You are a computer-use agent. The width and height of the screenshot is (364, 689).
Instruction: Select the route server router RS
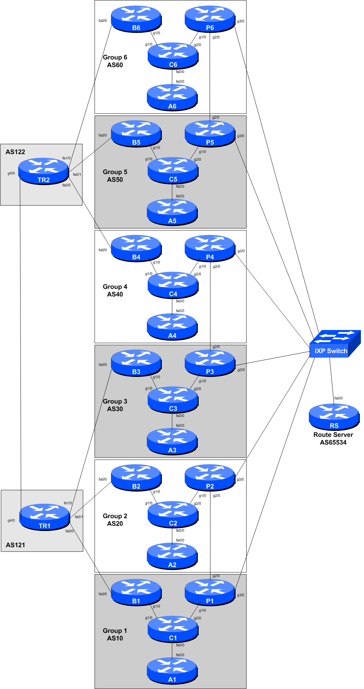pyautogui.click(x=334, y=416)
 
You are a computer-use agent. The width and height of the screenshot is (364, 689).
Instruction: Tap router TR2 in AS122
pyautogui.click(x=43, y=171)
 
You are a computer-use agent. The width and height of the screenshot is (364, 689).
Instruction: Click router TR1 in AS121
pyautogui.click(x=44, y=517)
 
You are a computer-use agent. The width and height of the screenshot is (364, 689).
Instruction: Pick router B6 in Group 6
pyautogui.click(x=136, y=19)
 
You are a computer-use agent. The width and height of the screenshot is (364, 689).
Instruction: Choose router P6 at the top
pyautogui.click(x=210, y=19)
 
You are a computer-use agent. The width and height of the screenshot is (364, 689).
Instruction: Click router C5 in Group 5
pyautogui.click(x=173, y=170)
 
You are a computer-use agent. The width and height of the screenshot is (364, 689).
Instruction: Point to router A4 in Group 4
pyautogui.click(x=172, y=327)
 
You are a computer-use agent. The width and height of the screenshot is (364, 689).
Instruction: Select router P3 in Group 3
pyautogui.click(x=210, y=363)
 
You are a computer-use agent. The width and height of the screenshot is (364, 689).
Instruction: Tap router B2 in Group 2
pyautogui.click(x=136, y=477)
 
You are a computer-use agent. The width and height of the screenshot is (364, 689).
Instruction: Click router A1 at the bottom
pyautogui.click(x=172, y=671)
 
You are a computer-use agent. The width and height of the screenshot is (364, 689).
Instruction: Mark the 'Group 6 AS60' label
pyautogui.click(x=115, y=61)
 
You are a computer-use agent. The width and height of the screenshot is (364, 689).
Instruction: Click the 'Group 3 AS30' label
pyautogui.click(x=115, y=405)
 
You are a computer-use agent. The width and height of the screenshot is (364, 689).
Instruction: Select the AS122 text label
pyautogui.click(x=15, y=152)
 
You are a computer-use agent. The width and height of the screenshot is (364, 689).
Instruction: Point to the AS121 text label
pyautogui.click(x=15, y=545)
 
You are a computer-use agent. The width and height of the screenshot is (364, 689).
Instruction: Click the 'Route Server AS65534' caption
pyautogui.click(x=333, y=439)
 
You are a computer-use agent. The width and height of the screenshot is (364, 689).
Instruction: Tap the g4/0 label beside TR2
pyautogui.click(x=11, y=173)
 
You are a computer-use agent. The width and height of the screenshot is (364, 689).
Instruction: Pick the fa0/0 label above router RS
pyautogui.click(x=338, y=398)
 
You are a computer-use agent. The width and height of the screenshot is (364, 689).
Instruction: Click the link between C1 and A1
pyautogui.click(x=172, y=650)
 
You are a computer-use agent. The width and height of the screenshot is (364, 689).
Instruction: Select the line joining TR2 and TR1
pyautogui.click(x=20, y=341)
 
